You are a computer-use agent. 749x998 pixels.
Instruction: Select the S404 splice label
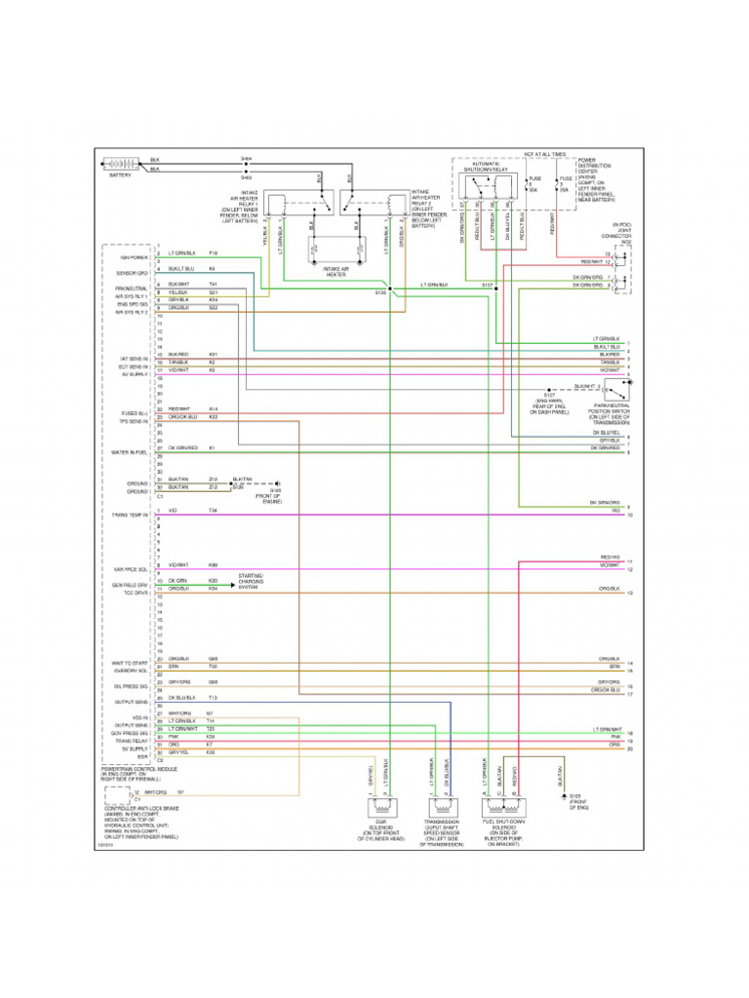pyautogui.click(x=246, y=157)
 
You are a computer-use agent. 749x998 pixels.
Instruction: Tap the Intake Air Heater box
pyautogui.click(x=335, y=253)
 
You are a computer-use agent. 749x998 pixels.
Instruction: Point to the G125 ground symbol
pyautogui.click(x=563, y=797)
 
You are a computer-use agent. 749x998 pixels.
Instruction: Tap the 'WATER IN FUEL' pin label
pyautogui.click(x=130, y=452)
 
